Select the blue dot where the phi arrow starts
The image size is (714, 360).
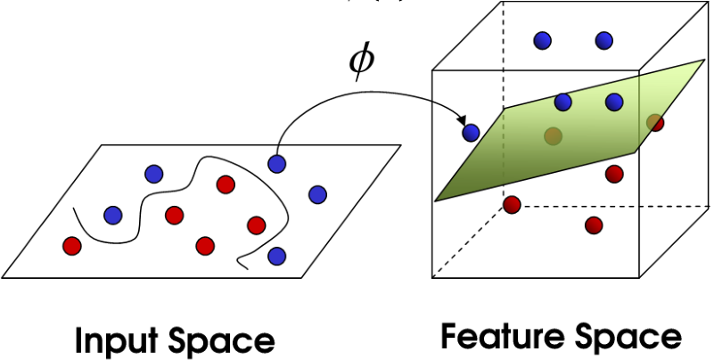[x=277, y=163]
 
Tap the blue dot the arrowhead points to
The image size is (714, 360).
[x=471, y=133]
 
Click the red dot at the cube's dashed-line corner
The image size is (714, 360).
[x=512, y=205]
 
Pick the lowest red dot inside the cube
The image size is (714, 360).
[x=594, y=225]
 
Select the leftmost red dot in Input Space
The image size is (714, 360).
[x=71, y=244]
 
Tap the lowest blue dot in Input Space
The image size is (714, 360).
[x=277, y=256]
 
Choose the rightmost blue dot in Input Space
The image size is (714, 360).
[x=317, y=194]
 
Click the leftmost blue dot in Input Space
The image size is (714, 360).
[x=113, y=215]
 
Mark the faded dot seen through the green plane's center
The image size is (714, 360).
[x=553, y=135]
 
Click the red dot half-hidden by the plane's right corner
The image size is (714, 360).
[x=655, y=122]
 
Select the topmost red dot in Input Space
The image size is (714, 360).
[x=225, y=184]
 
